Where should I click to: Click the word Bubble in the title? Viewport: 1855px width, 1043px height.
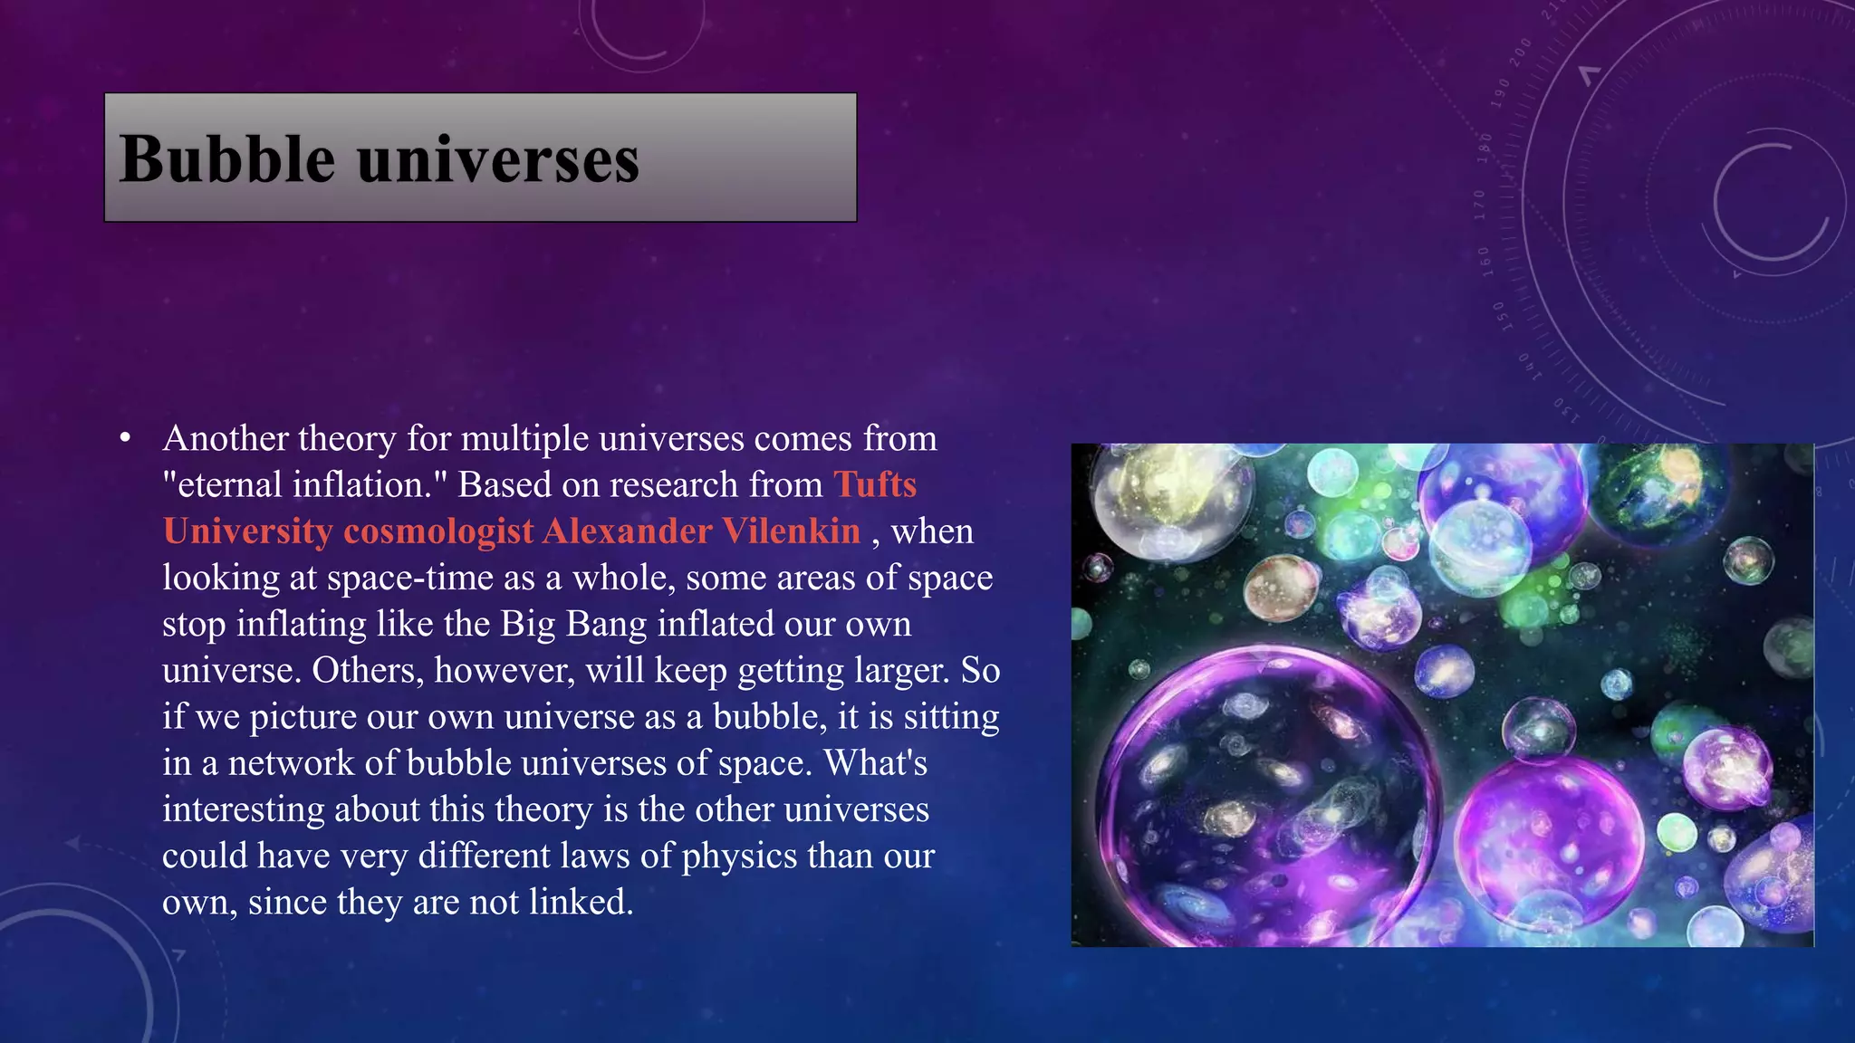point(226,158)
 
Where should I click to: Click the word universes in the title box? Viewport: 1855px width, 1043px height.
point(498,160)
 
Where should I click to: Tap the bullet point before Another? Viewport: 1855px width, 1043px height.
point(125,439)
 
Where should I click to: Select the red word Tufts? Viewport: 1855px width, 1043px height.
point(875,484)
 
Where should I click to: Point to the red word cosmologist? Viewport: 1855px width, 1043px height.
point(438,531)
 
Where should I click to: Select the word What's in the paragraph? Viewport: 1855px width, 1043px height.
point(876,762)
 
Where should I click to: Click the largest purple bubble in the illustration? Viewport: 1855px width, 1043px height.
point(1268,797)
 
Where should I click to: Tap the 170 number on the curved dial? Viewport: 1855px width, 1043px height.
point(1480,206)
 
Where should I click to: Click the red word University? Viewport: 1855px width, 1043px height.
point(247,531)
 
